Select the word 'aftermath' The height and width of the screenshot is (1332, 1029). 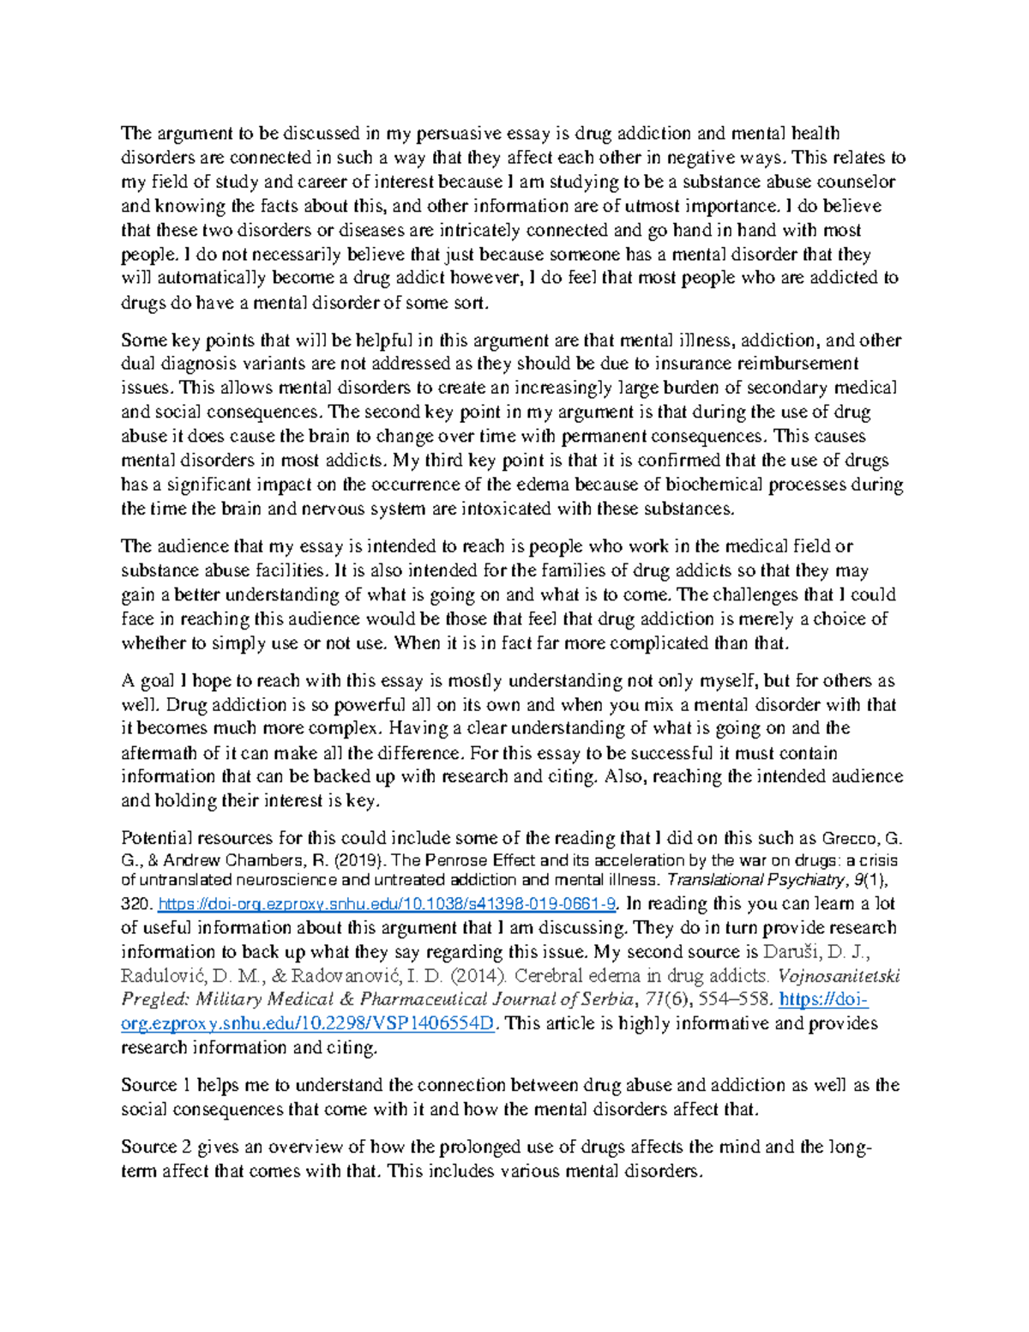(x=159, y=753)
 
